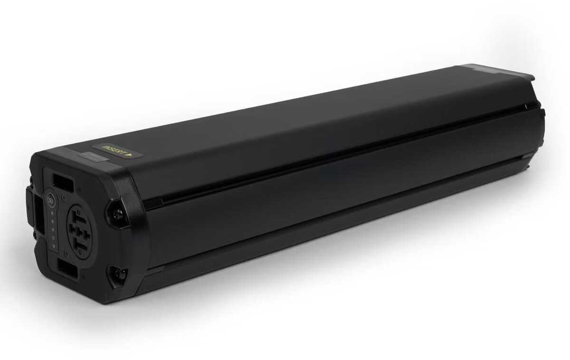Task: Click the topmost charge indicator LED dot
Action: [52, 214]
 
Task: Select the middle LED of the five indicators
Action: [53, 230]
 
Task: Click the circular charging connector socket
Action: [80, 231]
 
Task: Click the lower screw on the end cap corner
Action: [119, 274]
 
